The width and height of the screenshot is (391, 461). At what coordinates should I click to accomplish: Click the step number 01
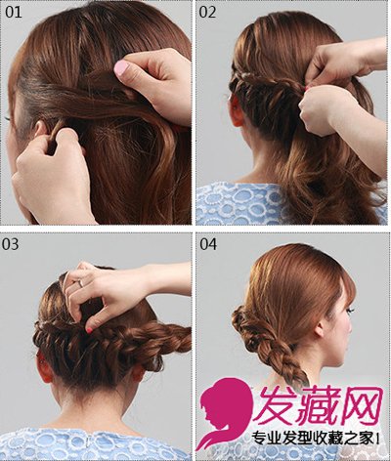[14, 13]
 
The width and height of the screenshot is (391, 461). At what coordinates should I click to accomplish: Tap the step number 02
[207, 13]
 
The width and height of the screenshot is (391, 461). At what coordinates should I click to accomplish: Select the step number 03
[10, 244]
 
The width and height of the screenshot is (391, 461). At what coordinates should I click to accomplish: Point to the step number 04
[208, 244]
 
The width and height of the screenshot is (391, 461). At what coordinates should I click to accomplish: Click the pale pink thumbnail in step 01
[121, 69]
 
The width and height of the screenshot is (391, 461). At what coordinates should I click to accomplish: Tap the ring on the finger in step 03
[80, 283]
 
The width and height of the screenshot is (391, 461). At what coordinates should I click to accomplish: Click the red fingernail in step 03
[89, 330]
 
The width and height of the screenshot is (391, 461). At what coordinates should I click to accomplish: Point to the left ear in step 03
[44, 368]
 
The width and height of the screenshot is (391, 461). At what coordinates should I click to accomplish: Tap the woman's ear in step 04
[321, 328]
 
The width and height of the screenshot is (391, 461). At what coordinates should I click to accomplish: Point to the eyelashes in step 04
[350, 311]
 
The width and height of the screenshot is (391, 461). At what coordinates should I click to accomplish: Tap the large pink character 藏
[322, 404]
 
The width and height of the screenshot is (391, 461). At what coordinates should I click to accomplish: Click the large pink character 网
[363, 404]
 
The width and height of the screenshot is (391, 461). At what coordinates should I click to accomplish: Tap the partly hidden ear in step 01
[40, 129]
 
